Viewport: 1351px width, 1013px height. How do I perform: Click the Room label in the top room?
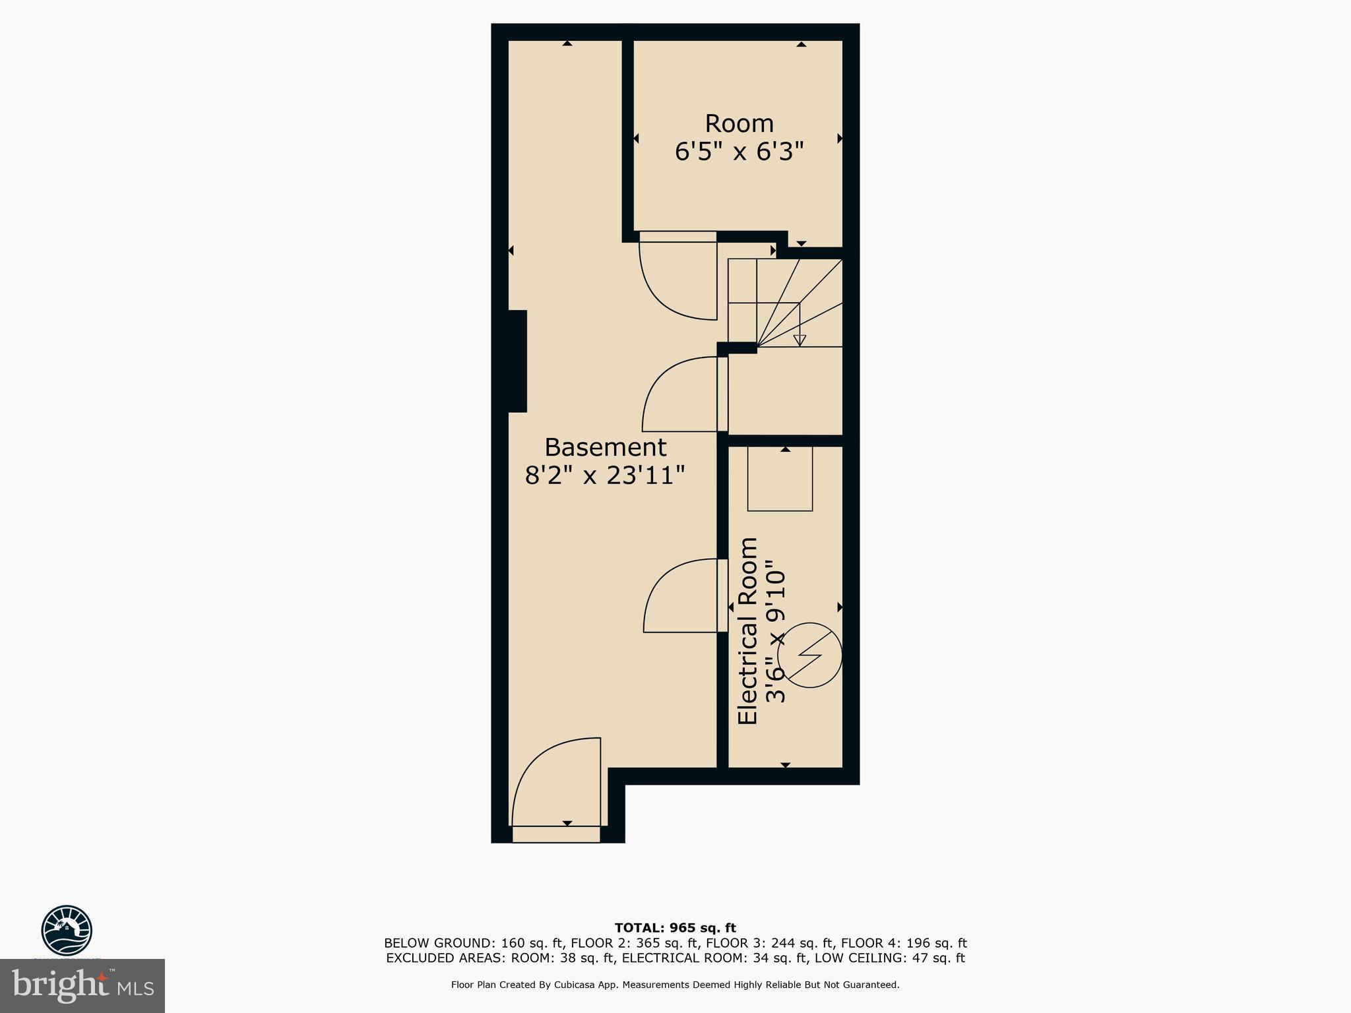[739, 124]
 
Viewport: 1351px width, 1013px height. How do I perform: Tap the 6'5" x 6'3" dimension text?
[739, 152]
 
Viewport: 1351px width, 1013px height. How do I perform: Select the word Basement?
[605, 448]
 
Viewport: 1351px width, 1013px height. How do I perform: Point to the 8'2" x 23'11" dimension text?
[605, 476]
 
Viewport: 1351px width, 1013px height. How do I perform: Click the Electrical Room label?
[748, 631]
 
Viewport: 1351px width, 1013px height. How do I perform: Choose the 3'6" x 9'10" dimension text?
[775, 631]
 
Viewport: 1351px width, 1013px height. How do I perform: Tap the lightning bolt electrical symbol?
[809, 656]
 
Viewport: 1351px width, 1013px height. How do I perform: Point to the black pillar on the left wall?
[517, 361]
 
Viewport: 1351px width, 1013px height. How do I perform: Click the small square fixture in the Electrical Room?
[780, 479]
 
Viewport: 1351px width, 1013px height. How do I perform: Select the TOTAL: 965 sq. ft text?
[675, 928]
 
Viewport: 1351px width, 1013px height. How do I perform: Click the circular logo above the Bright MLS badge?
[67, 930]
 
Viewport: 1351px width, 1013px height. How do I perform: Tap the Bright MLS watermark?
[82, 986]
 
